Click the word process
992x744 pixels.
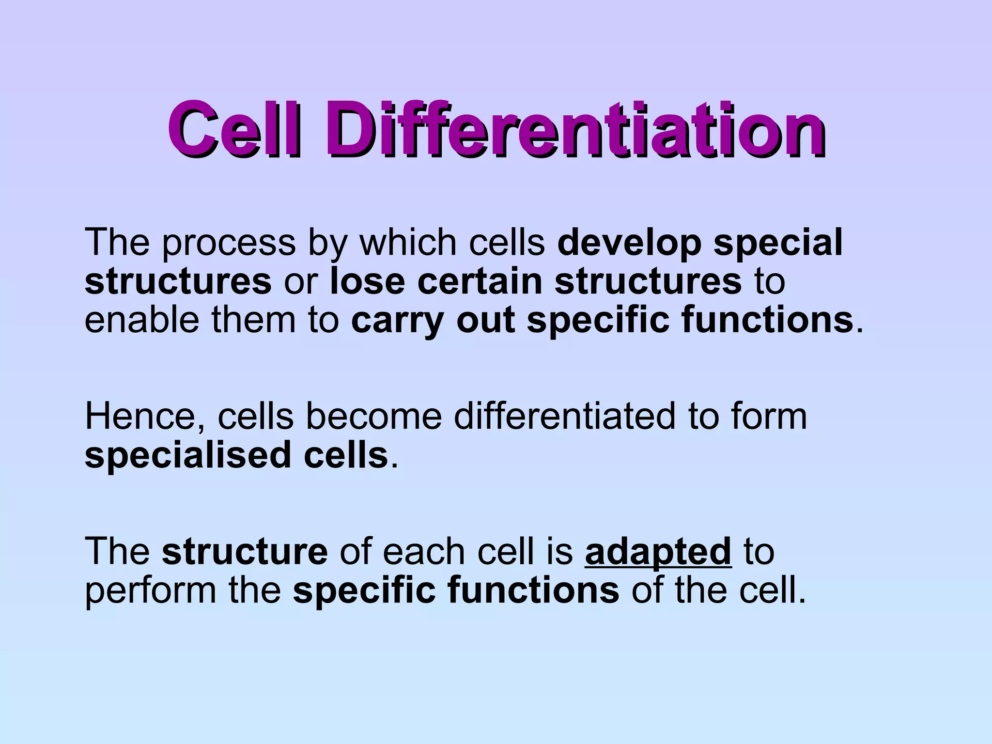[228, 244]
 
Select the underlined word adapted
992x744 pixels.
[658, 553]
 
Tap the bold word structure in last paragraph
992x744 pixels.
[245, 552]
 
